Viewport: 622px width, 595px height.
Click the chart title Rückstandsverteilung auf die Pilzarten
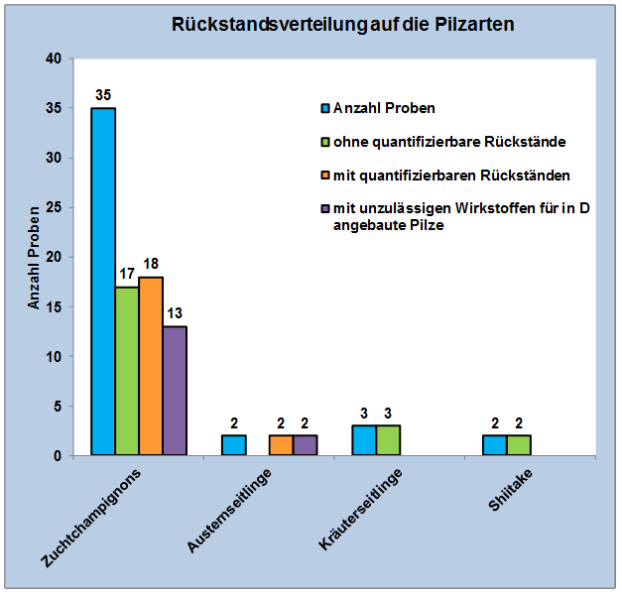[343, 25]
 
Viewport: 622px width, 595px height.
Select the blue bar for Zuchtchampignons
[103, 282]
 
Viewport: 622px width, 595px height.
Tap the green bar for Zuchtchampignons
[127, 371]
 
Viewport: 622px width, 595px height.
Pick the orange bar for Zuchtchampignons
[151, 366]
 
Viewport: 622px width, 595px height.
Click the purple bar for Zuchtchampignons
[175, 391]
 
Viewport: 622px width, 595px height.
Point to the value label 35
[103, 95]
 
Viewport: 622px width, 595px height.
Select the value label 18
[151, 265]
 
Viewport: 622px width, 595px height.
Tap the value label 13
[175, 314]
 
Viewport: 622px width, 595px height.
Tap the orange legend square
[323, 176]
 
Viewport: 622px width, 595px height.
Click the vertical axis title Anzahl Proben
[34, 258]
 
